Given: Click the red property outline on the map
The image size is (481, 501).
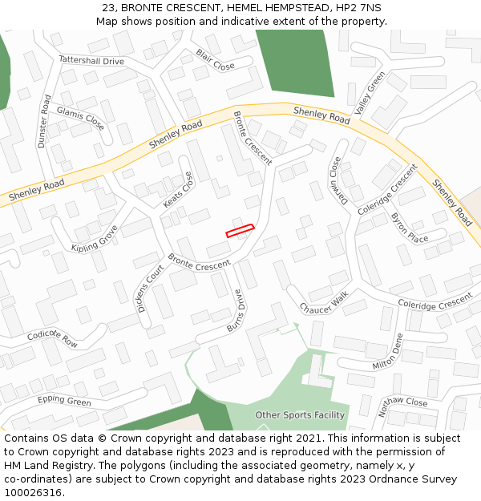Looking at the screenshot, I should (x=240, y=230).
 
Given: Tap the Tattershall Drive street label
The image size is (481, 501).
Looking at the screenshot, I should (x=91, y=61).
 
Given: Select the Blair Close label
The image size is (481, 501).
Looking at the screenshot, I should (x=215, y=59).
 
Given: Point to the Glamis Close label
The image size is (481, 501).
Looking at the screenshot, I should (x=80, y=119).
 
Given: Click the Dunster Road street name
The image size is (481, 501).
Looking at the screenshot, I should (x=44, y=121).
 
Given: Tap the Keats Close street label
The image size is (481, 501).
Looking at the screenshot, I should (x=179, y=191).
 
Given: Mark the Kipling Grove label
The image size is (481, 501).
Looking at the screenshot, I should (x=95, y=237).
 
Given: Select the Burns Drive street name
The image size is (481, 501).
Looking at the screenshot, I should (x=234, y=310).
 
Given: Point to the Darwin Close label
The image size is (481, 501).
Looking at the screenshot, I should (x=335, y=180).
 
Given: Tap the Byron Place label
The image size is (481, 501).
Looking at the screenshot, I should (x=409, y=228).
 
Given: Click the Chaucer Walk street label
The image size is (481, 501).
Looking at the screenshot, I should (x=325, y=302).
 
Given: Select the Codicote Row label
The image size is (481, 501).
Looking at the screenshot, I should (x=52, y=338).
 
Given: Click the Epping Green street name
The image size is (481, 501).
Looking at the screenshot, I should (x=64, y=400).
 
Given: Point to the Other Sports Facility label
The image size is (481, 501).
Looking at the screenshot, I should (x=300, y=415).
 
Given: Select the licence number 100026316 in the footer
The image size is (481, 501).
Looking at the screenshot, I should (x=33, y=493).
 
